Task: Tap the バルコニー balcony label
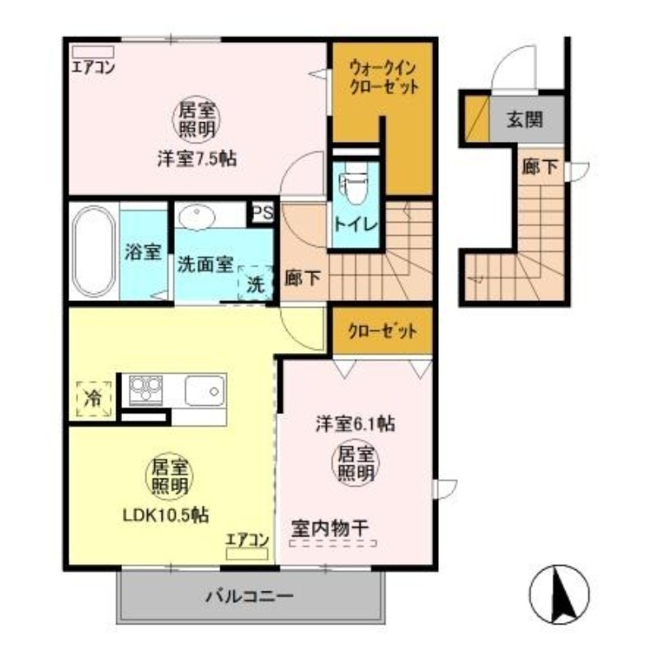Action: pos(249,596)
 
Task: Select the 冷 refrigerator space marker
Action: pos(93,398)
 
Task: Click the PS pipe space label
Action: pos(262,213)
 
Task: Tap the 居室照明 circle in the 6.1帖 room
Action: pos(356,463)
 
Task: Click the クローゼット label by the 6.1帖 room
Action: pos(382,332)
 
